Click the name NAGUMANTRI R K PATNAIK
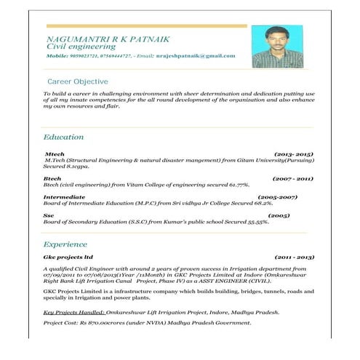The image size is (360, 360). click(x=97, y=37)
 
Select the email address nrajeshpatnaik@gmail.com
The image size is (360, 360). click(x=196, y=56)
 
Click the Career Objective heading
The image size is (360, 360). click(x=78, y=81)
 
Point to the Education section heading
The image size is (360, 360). click(x=63, y=137)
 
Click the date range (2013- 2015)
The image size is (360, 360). click(x=293, y=155)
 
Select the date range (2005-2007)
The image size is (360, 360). click(x=278, y=197)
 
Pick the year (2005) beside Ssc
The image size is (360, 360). click(x=279, y=216)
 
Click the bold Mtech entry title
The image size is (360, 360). click(x=55, y=155)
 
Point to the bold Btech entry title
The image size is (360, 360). click(x=52, y=178)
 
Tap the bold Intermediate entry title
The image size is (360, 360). click(x=64, y=197)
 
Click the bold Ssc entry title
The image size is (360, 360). click(x=49, y=216)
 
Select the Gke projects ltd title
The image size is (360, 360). click(x=69, y=257)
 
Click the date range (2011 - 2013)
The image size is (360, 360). click(x=294, y=257)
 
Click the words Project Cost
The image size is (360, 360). click(x=60, y=321)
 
